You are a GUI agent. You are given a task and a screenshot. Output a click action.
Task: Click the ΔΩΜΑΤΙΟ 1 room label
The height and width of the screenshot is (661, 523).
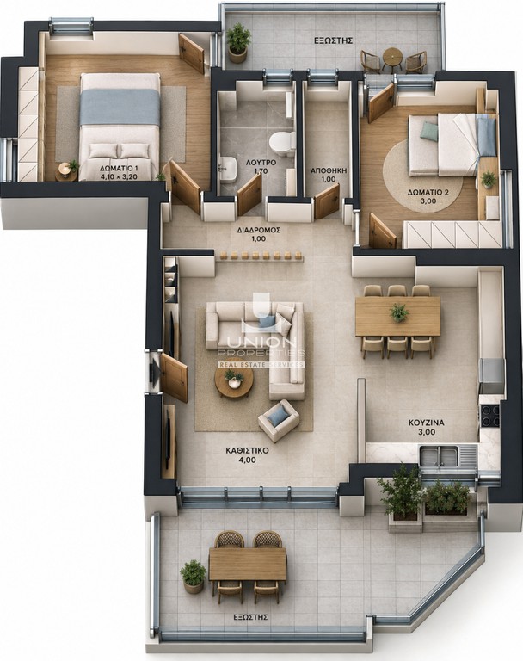point(119,169)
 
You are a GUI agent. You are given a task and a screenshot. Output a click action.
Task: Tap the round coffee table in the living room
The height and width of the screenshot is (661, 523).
point(234,383)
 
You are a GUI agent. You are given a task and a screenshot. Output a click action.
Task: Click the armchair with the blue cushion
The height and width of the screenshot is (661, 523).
point(279,420)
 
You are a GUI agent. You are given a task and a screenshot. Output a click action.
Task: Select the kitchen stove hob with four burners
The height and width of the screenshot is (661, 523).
point(490,415)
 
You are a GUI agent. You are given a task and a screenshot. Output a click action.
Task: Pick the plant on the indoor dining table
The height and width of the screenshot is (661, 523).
point(398,312)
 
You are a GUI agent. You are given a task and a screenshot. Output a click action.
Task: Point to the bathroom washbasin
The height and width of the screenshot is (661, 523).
point(227,169)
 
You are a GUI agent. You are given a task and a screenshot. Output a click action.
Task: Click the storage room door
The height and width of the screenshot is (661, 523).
point(327,201)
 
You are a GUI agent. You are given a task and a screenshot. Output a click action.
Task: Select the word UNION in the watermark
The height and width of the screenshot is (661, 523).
point(260,342)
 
